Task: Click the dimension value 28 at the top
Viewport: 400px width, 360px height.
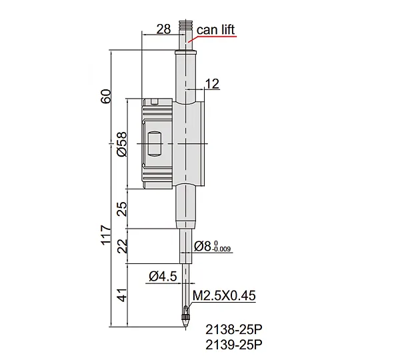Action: [x=163, y=29]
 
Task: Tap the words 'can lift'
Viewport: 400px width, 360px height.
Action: [x=215, y=29]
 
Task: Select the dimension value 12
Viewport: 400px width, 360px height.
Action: [x=212, y=84]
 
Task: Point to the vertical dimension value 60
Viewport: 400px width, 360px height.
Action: [x=107, y=96]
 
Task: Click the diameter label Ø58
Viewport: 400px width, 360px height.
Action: [x=122, y=144]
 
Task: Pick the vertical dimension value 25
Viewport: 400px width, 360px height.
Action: [x=122, y=209]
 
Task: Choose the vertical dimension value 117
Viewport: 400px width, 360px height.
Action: [x=107, y=235]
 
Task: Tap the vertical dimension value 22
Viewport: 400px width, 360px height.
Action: [x=122, y=246]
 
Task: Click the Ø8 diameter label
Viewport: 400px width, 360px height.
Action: [x=203, y=246]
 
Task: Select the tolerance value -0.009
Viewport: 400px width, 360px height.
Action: [x=221, y=249]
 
